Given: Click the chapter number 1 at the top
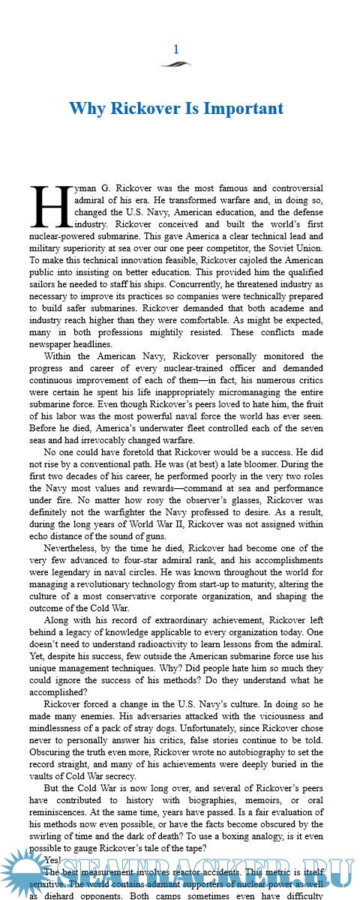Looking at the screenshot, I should click(x=176, y=49).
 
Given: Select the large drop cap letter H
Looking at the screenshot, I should click(x=50, y=205).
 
